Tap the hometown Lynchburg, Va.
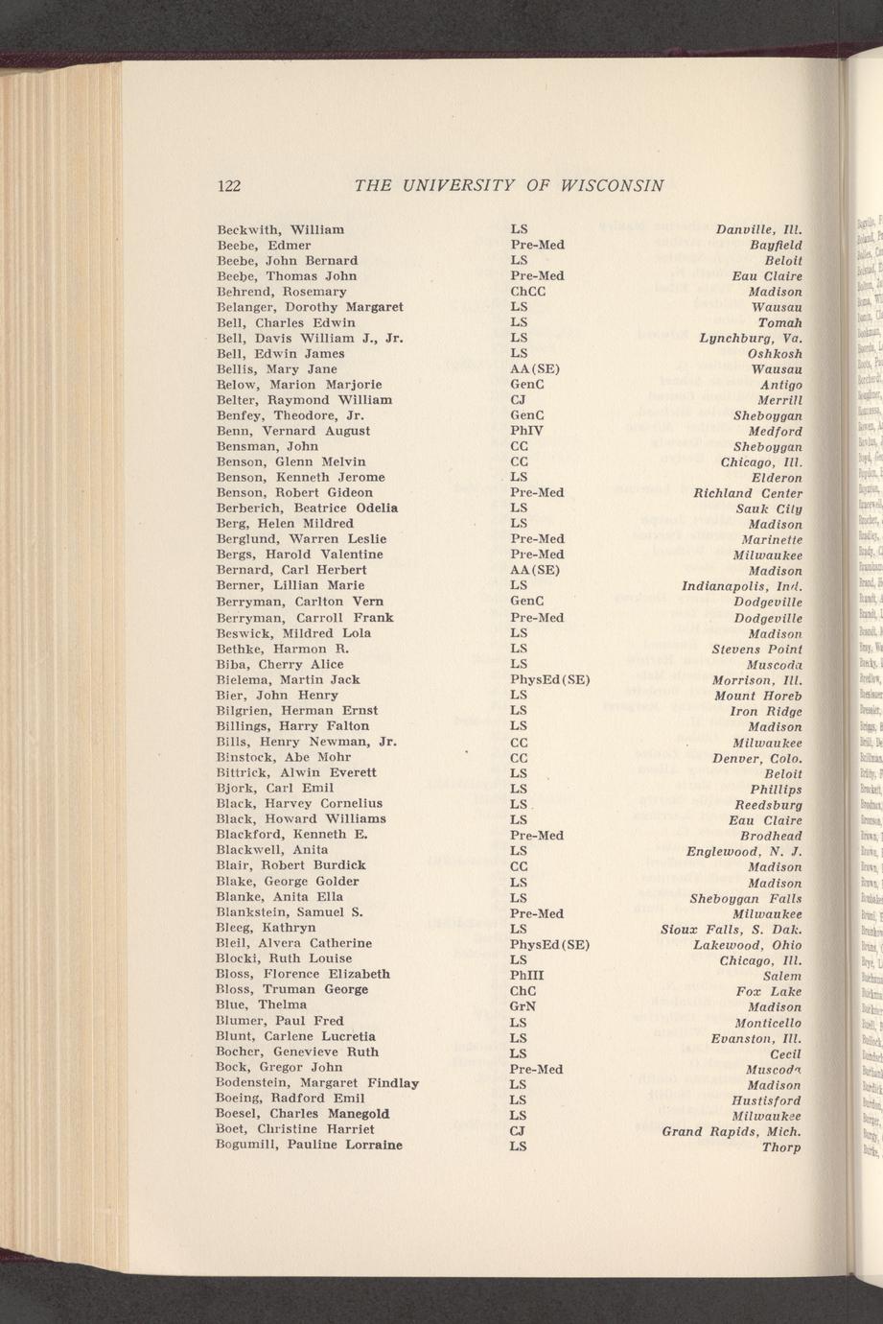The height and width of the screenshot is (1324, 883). [x=751, y=339]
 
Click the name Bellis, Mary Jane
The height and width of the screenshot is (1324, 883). [x=276, y=369]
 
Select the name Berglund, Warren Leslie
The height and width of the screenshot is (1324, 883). [x=302, y=539]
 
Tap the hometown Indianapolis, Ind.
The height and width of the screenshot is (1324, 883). [x=741, y=586]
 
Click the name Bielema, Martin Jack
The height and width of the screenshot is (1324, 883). [x=288, y=680]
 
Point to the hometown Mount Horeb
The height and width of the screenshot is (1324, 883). [x=764, y=696]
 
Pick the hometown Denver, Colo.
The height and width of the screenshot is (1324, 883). [x=757, y=758]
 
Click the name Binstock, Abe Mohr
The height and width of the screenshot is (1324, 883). [x=284, y=757]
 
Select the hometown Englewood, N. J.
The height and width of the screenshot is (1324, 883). [x=744, y=851]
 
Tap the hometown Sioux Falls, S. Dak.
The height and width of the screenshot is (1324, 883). [x=732, y=929]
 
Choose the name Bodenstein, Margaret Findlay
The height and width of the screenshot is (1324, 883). [x=317, y=1083]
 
